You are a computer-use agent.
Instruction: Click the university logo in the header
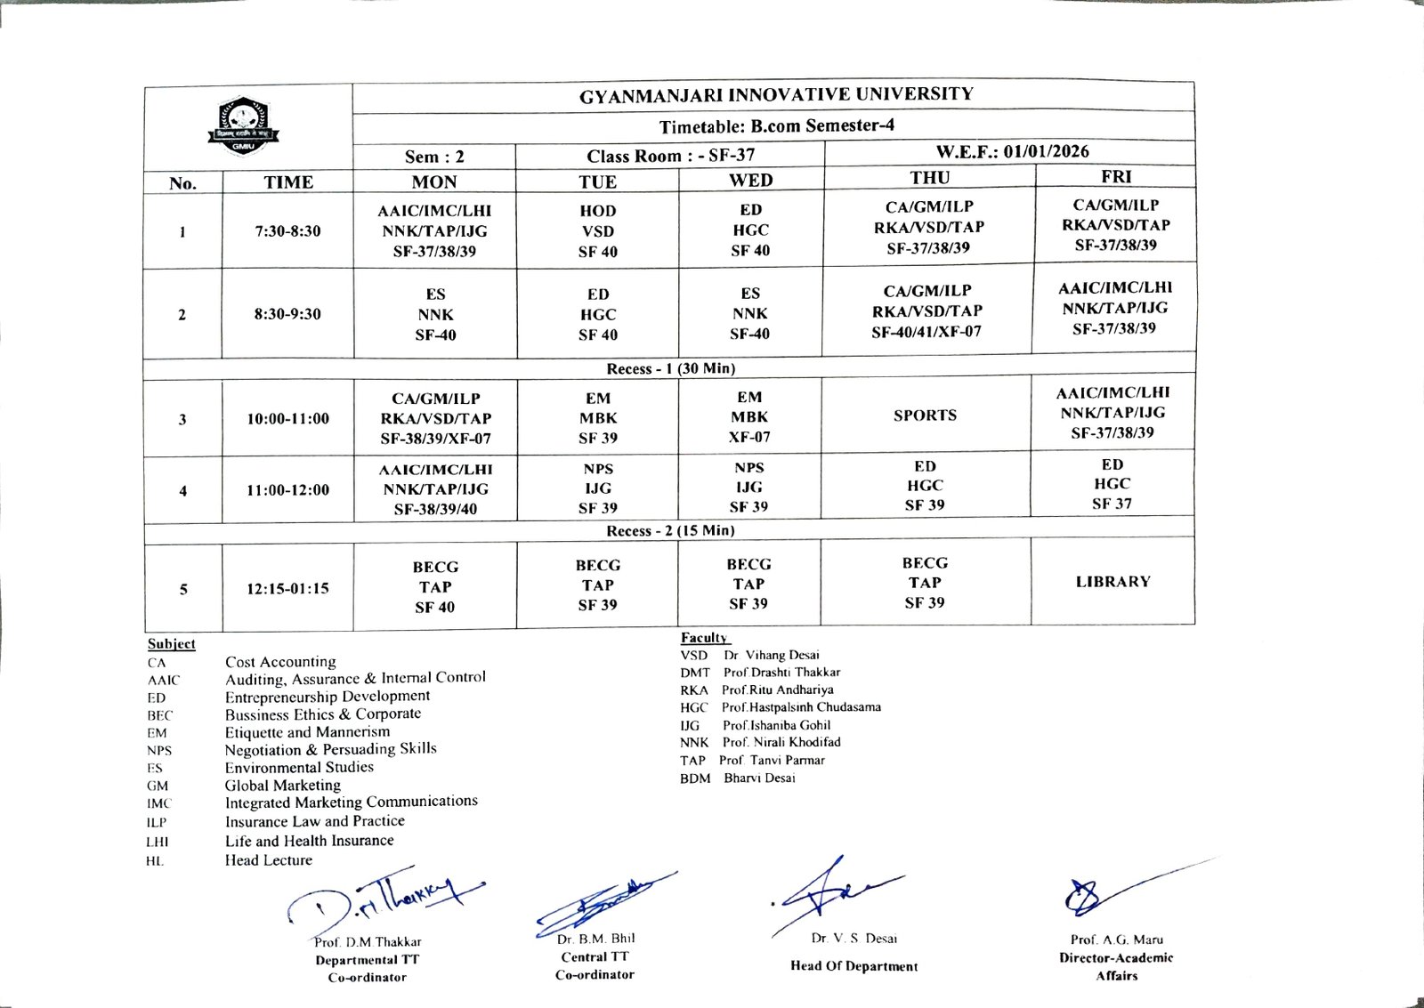243,125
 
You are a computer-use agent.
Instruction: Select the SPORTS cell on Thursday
925,415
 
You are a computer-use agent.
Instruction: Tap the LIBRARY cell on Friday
1112,582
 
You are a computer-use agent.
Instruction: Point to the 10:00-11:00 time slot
287,418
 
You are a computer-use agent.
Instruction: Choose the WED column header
750,181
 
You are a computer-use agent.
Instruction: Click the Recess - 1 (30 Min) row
670,368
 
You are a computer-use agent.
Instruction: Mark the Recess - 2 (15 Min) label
670,530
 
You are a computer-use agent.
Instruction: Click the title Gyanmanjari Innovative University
776,95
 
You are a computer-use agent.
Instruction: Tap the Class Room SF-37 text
670,156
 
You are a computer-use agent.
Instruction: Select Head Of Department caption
854,966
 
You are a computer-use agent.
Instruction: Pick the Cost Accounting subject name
280,662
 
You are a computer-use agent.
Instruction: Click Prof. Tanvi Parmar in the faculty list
772,760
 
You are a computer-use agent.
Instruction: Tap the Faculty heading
703,638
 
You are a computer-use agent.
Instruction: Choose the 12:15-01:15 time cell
287,588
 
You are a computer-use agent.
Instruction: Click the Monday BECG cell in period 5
434,587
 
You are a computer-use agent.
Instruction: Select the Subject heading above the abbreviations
172,644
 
